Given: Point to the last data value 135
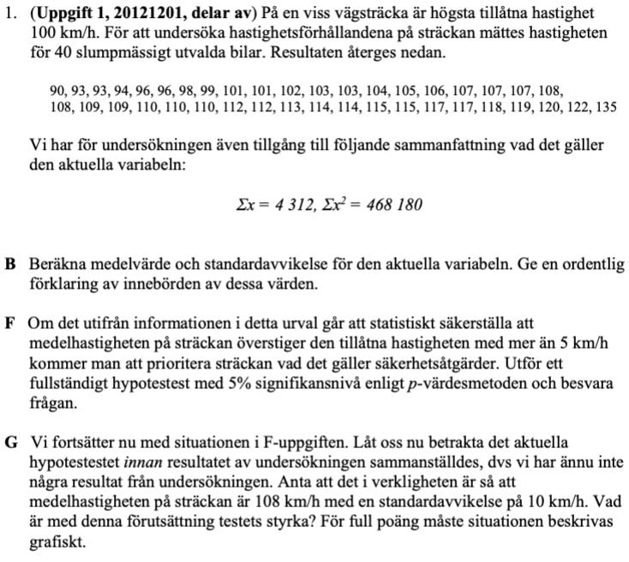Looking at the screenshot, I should coord(606,107).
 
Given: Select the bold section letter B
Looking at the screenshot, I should coord(10,266).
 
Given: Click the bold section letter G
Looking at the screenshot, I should coord(11,443).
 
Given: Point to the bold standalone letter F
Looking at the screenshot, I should coord(10,324).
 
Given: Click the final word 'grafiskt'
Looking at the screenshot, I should coord(57,541).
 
